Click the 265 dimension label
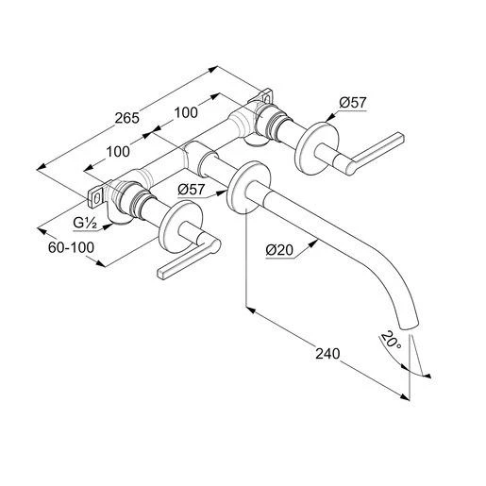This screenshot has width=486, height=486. (x=126, y=118)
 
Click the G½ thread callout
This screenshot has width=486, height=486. (x=87, y=223)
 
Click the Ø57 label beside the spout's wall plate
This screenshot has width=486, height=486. (x=192, y=189)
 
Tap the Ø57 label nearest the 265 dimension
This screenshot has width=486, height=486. (x=351, y=102)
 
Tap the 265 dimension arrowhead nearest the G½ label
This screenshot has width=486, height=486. (x=41, y=166)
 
